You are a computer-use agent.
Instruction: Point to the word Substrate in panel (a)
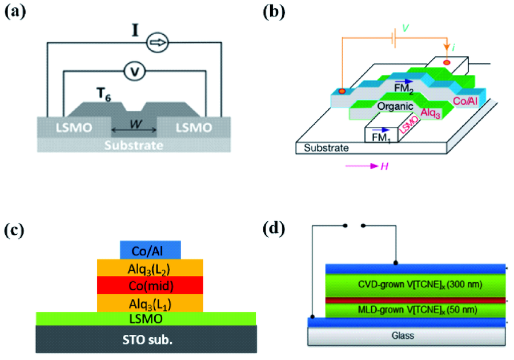[134, 145]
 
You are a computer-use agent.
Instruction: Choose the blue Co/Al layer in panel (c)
[151, 250]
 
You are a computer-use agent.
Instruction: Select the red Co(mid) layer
[151, 285]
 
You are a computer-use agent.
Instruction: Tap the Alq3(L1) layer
[151, 302]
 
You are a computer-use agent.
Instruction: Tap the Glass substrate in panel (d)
[407, 336]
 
